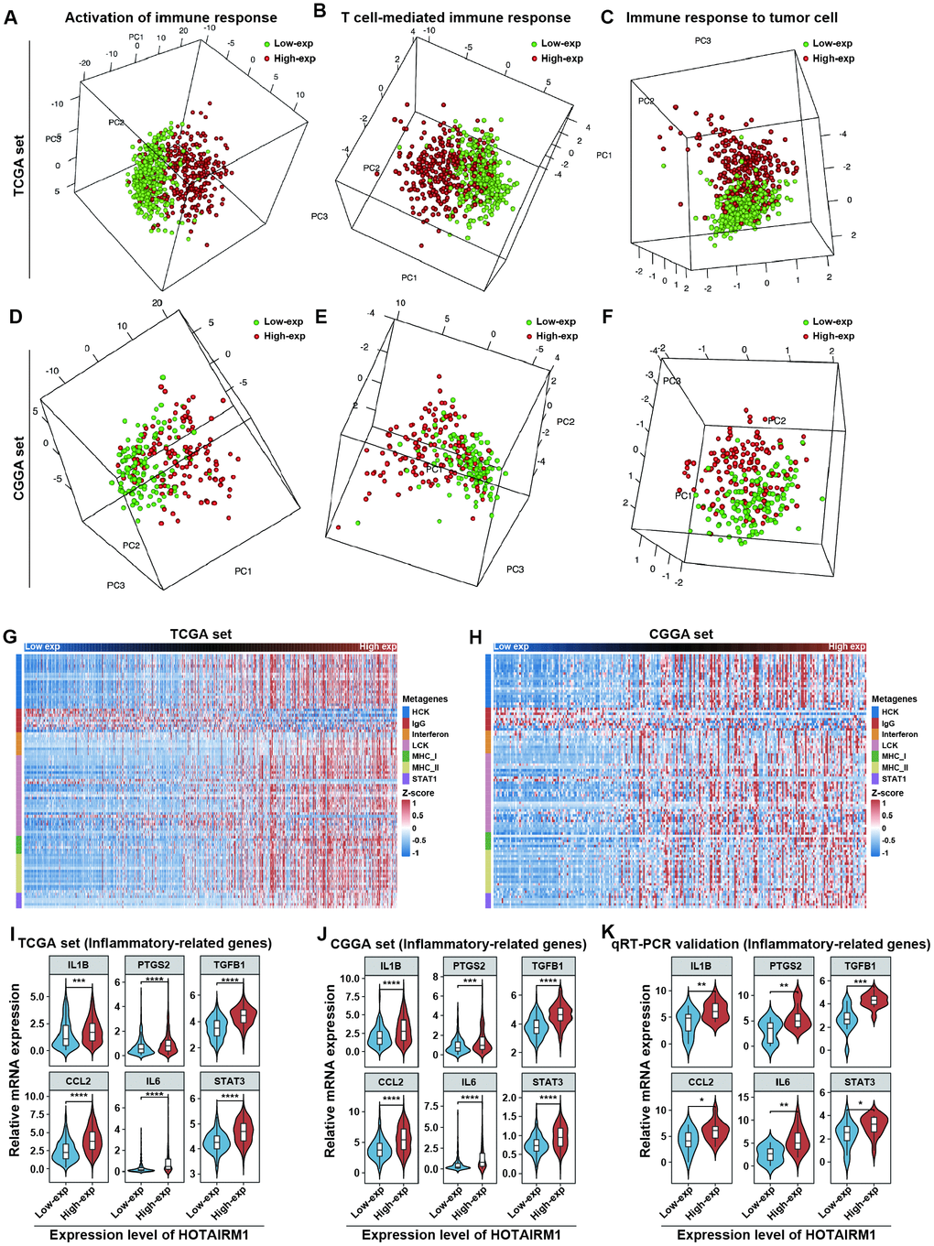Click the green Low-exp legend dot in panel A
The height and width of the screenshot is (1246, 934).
point(266,44)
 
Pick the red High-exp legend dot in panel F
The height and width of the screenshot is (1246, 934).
point(805,336)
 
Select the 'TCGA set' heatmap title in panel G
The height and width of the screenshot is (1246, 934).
point(201,634)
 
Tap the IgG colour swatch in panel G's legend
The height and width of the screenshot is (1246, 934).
point(406,723)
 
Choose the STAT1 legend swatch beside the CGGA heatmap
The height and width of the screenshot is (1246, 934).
point(875,779)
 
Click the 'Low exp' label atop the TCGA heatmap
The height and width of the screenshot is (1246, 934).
point(43,647)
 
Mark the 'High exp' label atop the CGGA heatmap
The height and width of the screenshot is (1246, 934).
point(846,647)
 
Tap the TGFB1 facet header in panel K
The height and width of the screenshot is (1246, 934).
point(859,966)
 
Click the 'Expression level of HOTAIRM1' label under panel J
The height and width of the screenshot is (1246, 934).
point(462,1234)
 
